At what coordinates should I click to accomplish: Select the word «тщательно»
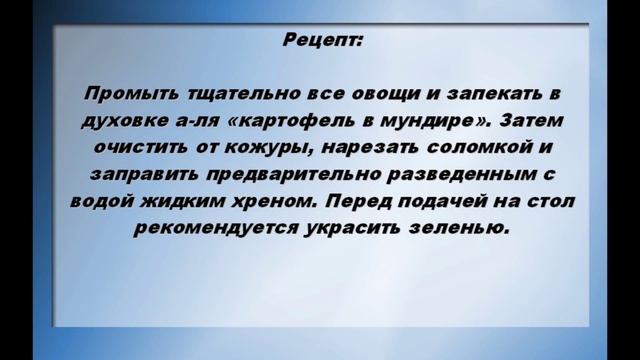coord(228,94)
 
